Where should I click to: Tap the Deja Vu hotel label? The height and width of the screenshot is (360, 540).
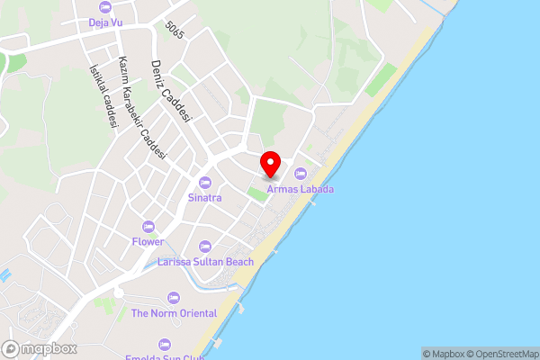pos(104,22)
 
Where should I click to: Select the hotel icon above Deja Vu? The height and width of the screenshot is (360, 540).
pos(104,8)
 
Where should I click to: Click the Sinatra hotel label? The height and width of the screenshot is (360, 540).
pos(204,196)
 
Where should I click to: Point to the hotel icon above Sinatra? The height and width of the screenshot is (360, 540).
pos(204,183)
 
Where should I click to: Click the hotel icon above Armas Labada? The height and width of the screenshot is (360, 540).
pos(300,174)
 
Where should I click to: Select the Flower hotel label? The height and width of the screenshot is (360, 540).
pos(148,241)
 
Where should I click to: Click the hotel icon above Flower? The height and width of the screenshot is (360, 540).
pos(148,227)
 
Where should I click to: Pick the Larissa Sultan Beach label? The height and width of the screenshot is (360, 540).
pos(205,261)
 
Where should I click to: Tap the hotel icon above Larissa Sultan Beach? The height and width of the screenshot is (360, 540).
pos(204,246)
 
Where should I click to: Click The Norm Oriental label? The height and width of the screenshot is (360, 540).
pos(174,313)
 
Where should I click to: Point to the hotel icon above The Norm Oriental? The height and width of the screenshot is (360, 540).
pos(174,298)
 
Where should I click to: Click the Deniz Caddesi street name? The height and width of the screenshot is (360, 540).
pos(171,92)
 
